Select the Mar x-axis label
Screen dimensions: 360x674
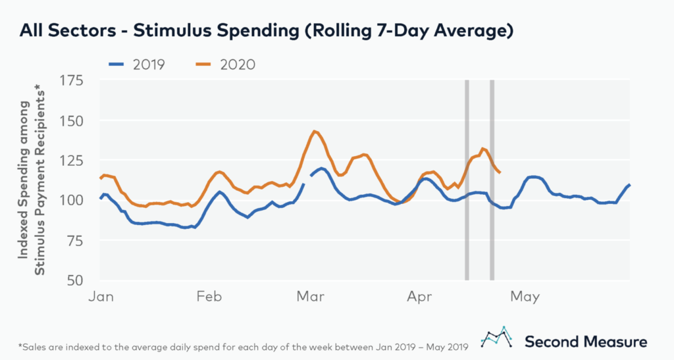coord(309,297)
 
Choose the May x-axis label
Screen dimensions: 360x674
coord(525,297)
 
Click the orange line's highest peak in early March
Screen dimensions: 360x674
coord(315,132)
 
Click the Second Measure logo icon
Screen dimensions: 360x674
coord(498,336)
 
